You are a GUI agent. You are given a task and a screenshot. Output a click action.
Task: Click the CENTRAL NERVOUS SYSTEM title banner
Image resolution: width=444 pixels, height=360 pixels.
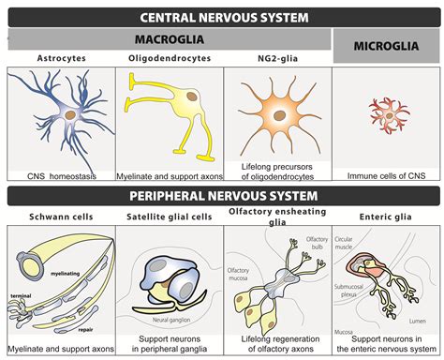[222, 16]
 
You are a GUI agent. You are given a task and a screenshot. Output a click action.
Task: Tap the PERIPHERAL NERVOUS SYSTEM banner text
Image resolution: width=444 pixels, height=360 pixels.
[222, 196]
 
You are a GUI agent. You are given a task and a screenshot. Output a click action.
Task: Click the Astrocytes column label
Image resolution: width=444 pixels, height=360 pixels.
[61, 59]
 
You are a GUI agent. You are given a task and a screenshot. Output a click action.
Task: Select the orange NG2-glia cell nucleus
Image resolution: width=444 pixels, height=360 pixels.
[280, 116]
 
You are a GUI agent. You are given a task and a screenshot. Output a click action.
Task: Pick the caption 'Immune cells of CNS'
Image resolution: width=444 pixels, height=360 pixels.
[386, 175]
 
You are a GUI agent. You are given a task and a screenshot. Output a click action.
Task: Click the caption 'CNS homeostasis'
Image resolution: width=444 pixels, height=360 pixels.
[62, 175]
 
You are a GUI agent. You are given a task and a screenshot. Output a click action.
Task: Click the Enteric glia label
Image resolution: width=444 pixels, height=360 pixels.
[387, 217]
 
